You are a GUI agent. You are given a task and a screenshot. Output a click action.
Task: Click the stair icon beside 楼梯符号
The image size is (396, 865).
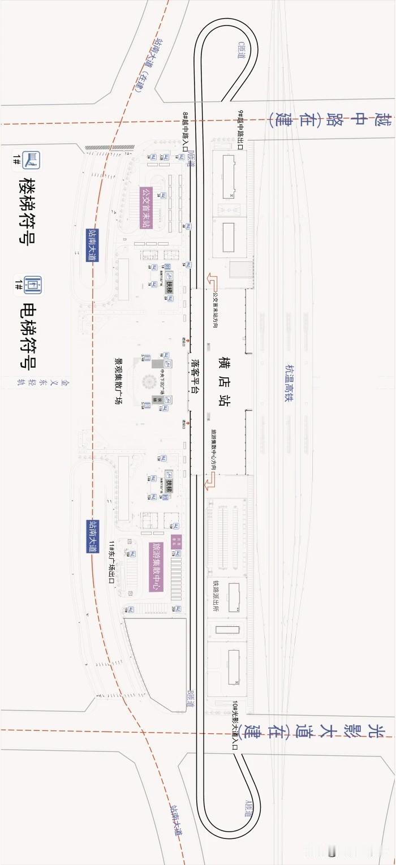tap(33, 160)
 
